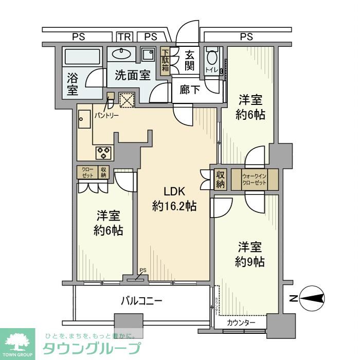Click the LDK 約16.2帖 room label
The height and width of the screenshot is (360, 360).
point(174,199)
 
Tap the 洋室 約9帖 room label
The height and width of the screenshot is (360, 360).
point(250,254)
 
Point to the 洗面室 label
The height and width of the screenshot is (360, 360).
point(132,75)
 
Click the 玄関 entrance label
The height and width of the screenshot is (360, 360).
point(190,60)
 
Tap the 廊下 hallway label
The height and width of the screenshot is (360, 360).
point(190,90)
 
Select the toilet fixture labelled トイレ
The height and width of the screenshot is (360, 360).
point(211,62)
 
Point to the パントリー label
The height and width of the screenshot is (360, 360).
point(106,116)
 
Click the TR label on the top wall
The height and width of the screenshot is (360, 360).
point(123,37)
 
